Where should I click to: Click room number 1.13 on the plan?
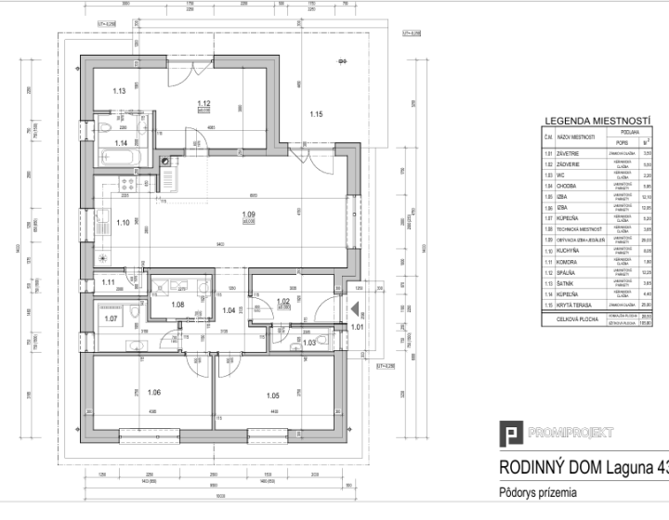[x=119, y=91]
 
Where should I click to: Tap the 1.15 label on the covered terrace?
[x=316, y=115]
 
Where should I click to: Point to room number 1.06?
[x=154, y=392]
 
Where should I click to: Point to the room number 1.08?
[x=178, y=305]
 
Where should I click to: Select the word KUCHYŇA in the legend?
[x=570, y=277]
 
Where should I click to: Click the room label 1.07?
[x=111, y=318]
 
